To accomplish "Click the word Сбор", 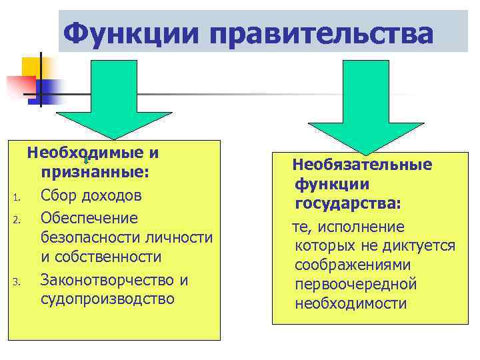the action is (x=58, y=196).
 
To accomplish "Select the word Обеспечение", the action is (x=89, y=218).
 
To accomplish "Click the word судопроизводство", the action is (x=107, y=299).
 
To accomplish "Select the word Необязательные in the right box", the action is (x=362, y=164).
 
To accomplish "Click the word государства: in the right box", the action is (x=348, y=203).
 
